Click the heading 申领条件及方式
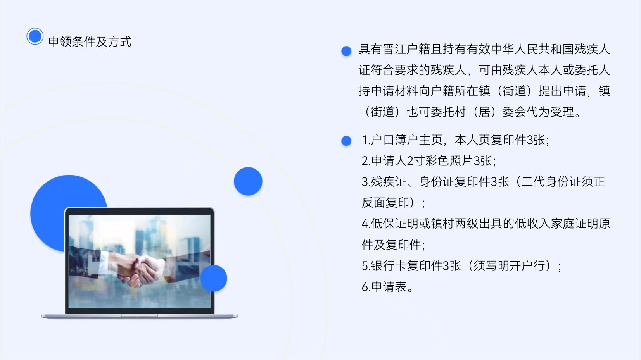point(90,42)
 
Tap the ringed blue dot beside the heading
point(35,36)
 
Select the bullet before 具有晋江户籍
point(346,51)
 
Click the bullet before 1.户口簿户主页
point(346,141)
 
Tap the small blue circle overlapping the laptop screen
point(214,278)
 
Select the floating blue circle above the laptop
point(248,181)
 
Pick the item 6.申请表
point(387,287)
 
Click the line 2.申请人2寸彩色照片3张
point(428,161)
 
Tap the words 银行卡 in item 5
point(389,265)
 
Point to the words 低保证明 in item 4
point(395,224)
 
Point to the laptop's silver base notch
point(139,315)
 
